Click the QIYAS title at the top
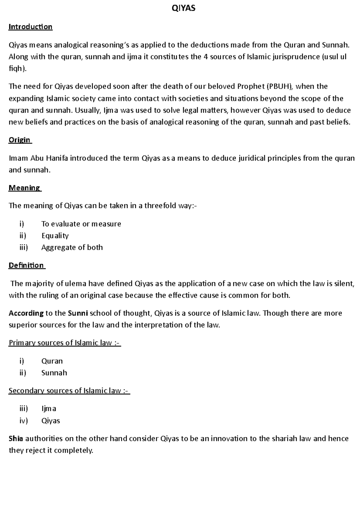pyautogui.click(x=183, y=8)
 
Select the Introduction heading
pyautogui.click(x=30, y=27)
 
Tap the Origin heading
pyautogui.click(x=19, y=140)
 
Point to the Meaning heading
pyautogui.click(x=24, y=188)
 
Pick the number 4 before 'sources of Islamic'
pyautogui.click(x=205, y=57)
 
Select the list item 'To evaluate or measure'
pyautogui.click(x=81, y=224)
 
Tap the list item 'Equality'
pyautogui.click(x=55, y=236)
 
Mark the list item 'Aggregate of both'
pyautogui.click(x=72, y=248)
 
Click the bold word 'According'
pyautogui.click(x=26, y=313)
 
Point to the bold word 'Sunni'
pyautogui.click(x=78, y=313)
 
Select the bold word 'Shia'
pyautogui.click(x=16, y=439)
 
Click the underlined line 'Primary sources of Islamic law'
pyautogui.click(x=64, y=343)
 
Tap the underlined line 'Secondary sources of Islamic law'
pyautogui.click(x=69, y=391)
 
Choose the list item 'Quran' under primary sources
pyautogui.click(x=52, y=361)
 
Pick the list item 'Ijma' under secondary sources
pyautogui.click(x=49, y=409)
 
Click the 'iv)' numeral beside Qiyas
pyautogui.click(x=23, y=421)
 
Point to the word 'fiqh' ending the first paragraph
pyautogui.click(x=16, y=69)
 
